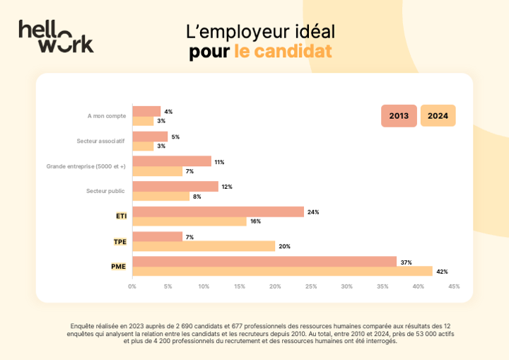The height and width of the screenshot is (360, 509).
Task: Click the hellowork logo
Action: coord(56,36)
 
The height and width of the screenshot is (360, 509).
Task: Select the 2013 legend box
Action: coord(399,115)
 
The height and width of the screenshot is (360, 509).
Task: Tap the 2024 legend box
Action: coord(438,115)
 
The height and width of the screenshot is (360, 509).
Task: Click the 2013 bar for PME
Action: coord(264,262)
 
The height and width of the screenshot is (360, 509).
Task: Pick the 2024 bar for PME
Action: coord(282,271)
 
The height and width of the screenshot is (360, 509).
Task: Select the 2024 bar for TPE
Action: coord(204,246)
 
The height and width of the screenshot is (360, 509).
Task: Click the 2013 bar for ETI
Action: coord(218,211)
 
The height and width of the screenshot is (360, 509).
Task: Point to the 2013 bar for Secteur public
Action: coord(175,187)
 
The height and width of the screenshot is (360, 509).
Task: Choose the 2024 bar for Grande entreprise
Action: coord(157,171)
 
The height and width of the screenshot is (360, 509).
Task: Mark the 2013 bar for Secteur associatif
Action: coord(150,137)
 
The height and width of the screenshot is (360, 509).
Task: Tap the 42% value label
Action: coord(442,272)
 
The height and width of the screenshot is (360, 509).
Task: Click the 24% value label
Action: coord(313,212)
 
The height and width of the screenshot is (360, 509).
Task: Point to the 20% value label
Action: coord(284,246)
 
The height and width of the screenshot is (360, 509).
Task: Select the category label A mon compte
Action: coord(107,116)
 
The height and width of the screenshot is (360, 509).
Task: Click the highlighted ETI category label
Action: coord(122,216)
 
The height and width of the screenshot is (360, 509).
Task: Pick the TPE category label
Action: coord(120,241)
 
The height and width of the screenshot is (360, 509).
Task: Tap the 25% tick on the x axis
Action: coord(311,286)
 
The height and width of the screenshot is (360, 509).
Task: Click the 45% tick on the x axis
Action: coord(454,286)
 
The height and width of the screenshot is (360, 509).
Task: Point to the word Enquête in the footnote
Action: coord(84,326)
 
